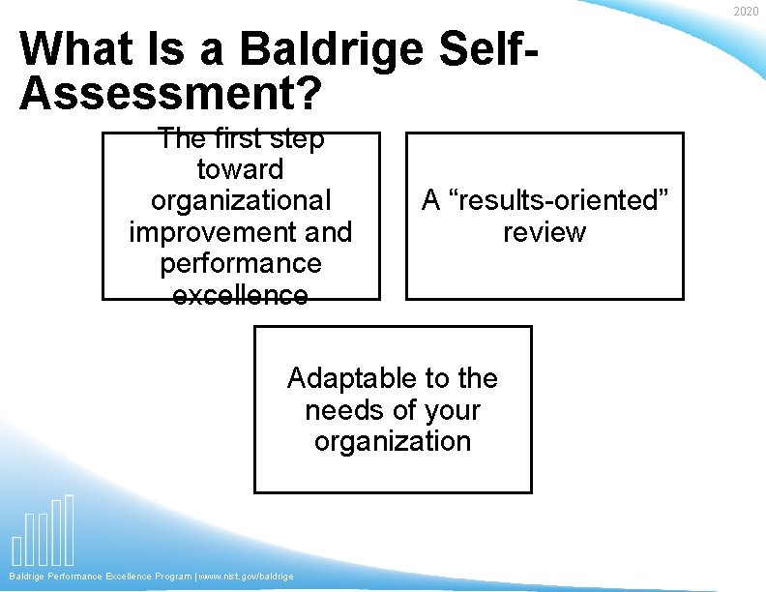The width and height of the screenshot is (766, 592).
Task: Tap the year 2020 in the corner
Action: coord(746,12)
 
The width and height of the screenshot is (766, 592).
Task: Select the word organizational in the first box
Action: coord(241,200)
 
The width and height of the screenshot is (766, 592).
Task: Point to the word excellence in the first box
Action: coord(241,294)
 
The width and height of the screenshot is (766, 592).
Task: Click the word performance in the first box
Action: coord(241,263)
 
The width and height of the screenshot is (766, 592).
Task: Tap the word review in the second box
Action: coord(545,232)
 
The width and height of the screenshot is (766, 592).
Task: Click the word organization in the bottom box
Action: coord(393,441)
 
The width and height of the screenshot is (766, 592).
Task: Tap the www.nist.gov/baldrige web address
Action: coord(246,577)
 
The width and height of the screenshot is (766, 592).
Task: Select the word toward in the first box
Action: coord(241,169)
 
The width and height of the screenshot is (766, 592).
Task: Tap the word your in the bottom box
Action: coord(451,409)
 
